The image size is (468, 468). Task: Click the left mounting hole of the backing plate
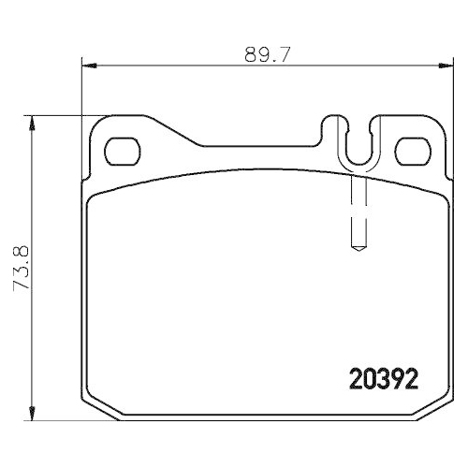121,149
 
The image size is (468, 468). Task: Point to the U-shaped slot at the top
354,140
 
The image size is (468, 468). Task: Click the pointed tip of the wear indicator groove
356,250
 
